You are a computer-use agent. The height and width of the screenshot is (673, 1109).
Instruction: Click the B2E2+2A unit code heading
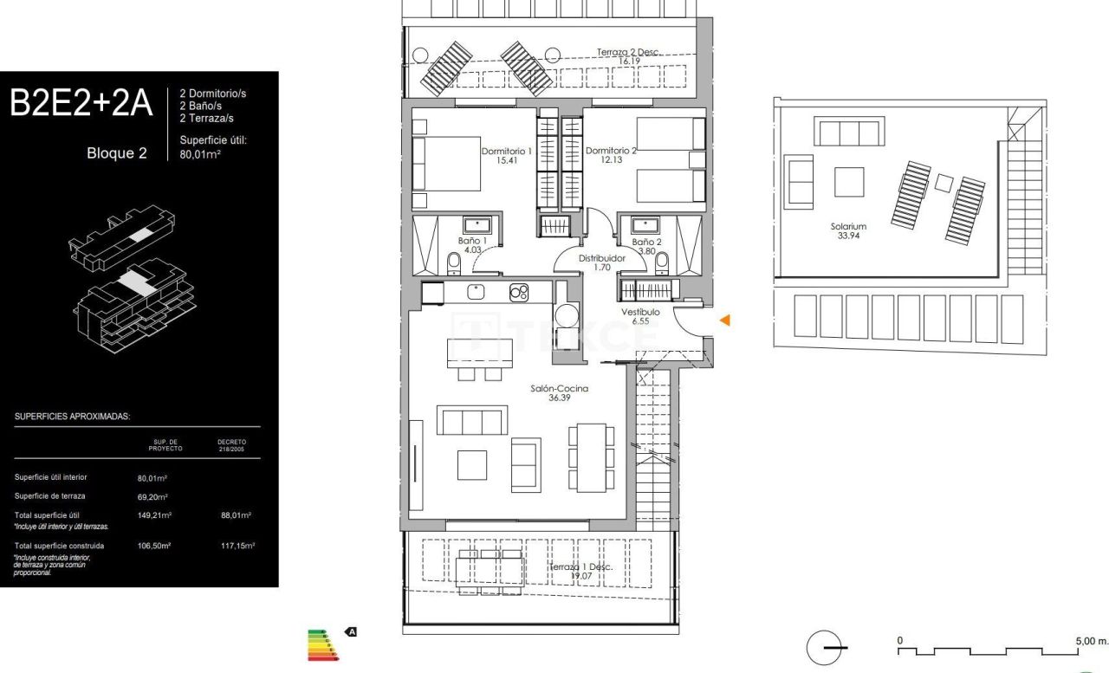pyautogui.click(x=81, y=104)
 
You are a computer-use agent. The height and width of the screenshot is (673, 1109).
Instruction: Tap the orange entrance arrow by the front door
pyautogui.click(x=725, y=320)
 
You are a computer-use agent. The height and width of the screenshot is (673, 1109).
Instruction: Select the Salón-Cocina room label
pyautogui.click(x=559, y=389)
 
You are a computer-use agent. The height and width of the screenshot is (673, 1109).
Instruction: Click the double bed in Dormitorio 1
pyautogui.click(x=447, y=163)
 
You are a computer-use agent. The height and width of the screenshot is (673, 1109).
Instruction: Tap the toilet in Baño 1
pyautogui.click(x=453, y=262)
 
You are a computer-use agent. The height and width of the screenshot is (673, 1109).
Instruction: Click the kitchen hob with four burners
pyautogui.click(x=519, y=292)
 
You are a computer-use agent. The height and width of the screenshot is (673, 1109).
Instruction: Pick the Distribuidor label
pyautogui.click(x=602, y=258)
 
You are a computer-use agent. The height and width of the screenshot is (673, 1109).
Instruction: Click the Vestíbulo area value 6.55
pyautogui.click(x=640, y=321)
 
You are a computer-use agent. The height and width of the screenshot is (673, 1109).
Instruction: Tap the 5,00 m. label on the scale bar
pyautogui.click(x=1090, y=642)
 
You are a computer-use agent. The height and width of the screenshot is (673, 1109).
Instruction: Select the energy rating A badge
pyautogui.click(x=352, y=632)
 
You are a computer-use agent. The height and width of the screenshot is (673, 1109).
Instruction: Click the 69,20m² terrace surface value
pyautogui.click(x=152, y=496)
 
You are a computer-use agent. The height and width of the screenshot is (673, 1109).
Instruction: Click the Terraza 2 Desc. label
pyautogui.click(x=628, y=52)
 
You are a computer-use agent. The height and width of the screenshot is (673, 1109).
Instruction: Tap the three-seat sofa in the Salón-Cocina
pyautogui.click(x=472, y=421)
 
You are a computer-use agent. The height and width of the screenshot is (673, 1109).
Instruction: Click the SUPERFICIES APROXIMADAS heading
pyautogui.click(x=72, y=417)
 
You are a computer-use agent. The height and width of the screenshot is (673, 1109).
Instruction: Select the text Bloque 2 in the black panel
pyautogui.click(x=116, y=154)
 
